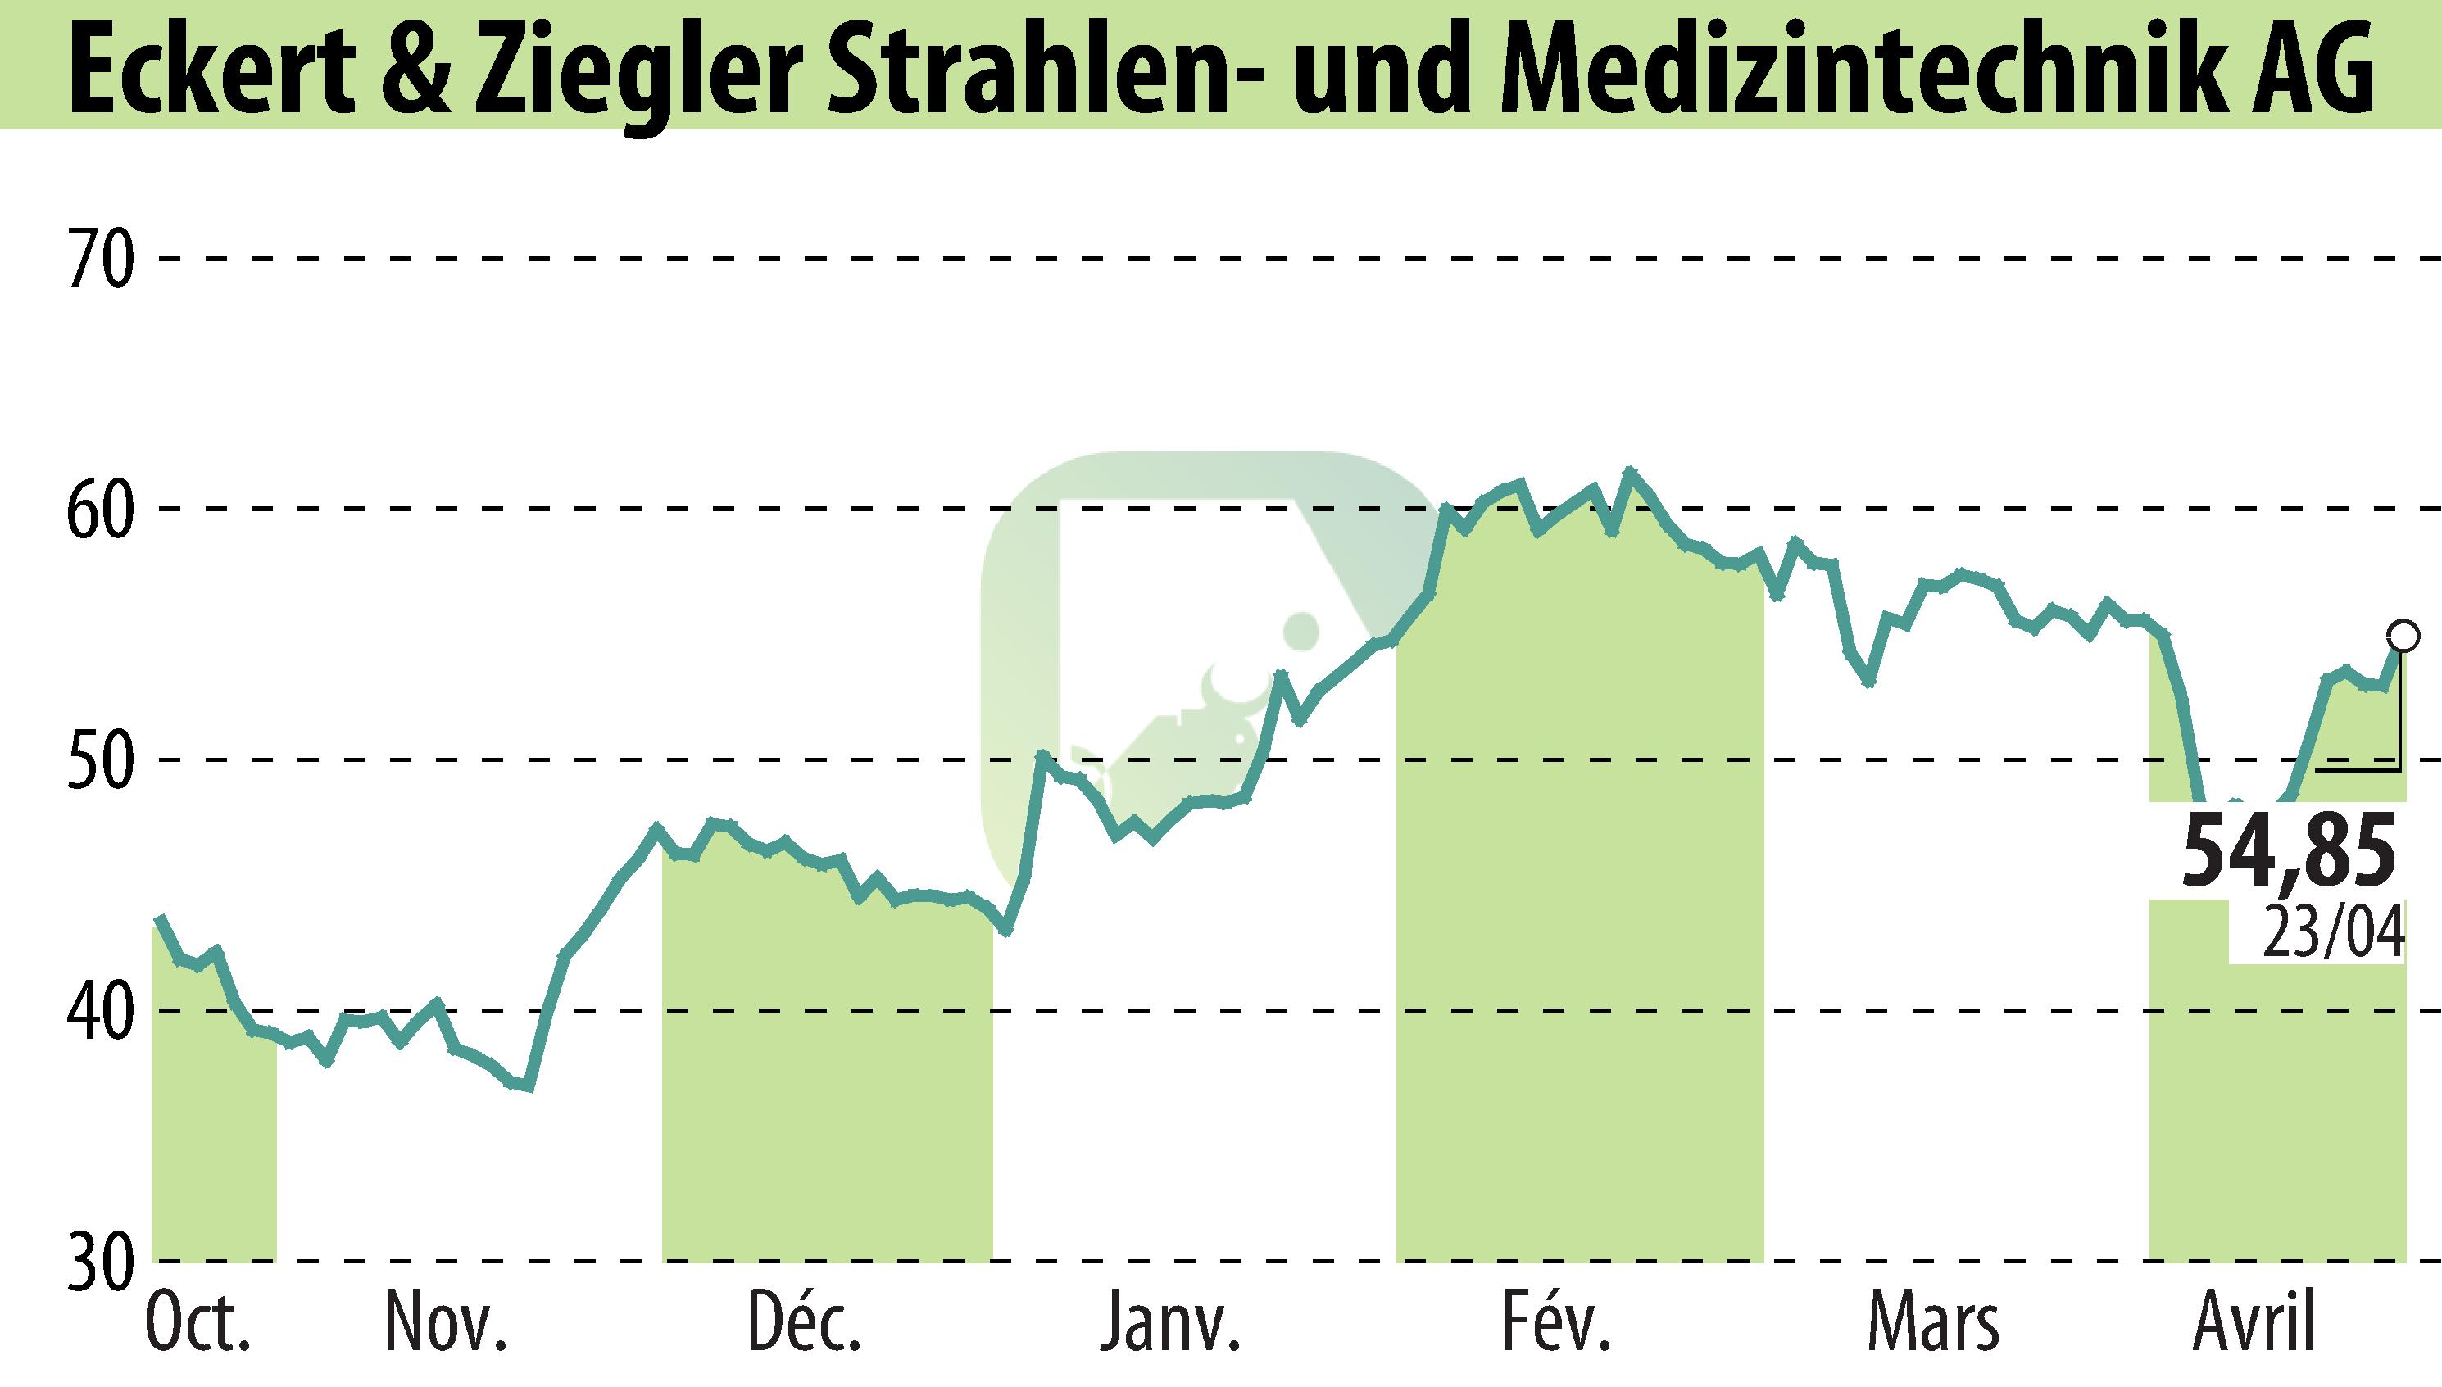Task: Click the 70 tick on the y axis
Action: (98, 259)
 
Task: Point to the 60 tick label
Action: (98, 510)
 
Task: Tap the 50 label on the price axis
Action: (98, 760)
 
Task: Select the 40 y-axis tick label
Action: (98, 1011)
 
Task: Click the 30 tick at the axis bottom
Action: (98, 1262)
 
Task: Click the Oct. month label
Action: (198, 1324)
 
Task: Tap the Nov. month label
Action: (446, 1324)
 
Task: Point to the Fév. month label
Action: (1557, 1324)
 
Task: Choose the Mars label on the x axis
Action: (1933, 1324)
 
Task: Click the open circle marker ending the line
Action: (2403, 634)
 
